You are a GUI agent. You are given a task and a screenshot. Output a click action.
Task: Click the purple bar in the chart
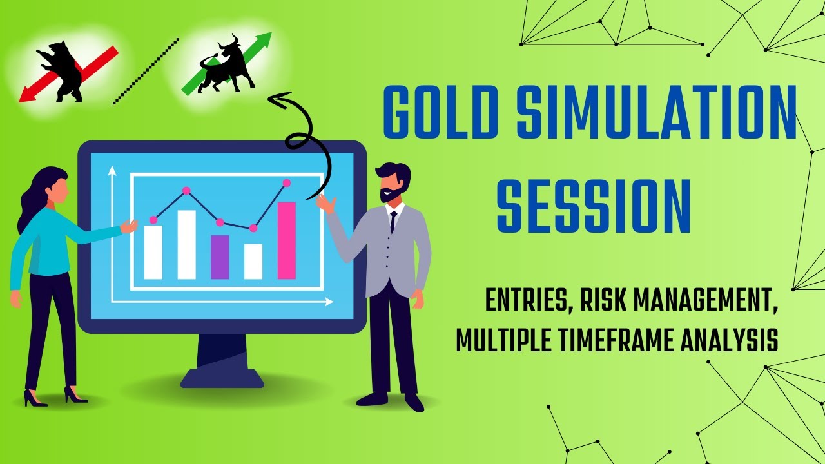pyautogui.click(x=220, y=256)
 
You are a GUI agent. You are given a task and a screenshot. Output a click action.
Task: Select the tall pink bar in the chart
pyautogui.click(x=287, y=240)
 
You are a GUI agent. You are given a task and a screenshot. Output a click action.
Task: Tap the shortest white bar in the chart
pyautogui.click(x=253, y=261)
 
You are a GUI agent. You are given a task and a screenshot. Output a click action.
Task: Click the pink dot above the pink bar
pyautogui.click(x=287, y=183)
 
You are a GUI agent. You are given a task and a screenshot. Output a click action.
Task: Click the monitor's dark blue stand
pyautogui.click(x=222, y=361)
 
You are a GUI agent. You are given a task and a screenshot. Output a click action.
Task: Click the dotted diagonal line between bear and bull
pyautogui.click(x=146, y=71)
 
